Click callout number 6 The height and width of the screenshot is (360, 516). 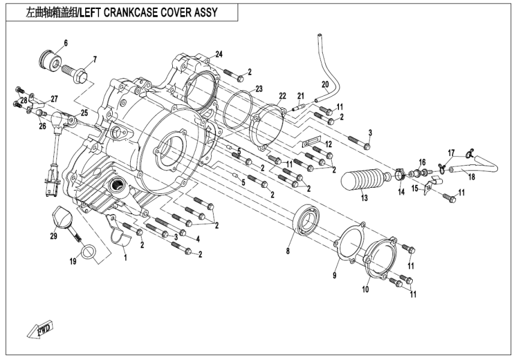[x=66, y=43]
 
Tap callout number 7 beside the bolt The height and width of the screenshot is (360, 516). [x=94, y=59]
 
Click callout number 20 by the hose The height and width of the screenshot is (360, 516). [x=325, y=84]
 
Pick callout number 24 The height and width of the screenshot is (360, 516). [x=219, y=55]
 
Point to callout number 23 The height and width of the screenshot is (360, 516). [x=259, y=88]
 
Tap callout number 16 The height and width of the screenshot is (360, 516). [x=422, y=162]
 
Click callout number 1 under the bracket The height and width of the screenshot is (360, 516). [x=125, y=257]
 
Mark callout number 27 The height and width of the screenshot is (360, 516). [x=54, y=98]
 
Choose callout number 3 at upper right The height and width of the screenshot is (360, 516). [x=370, y=132]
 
